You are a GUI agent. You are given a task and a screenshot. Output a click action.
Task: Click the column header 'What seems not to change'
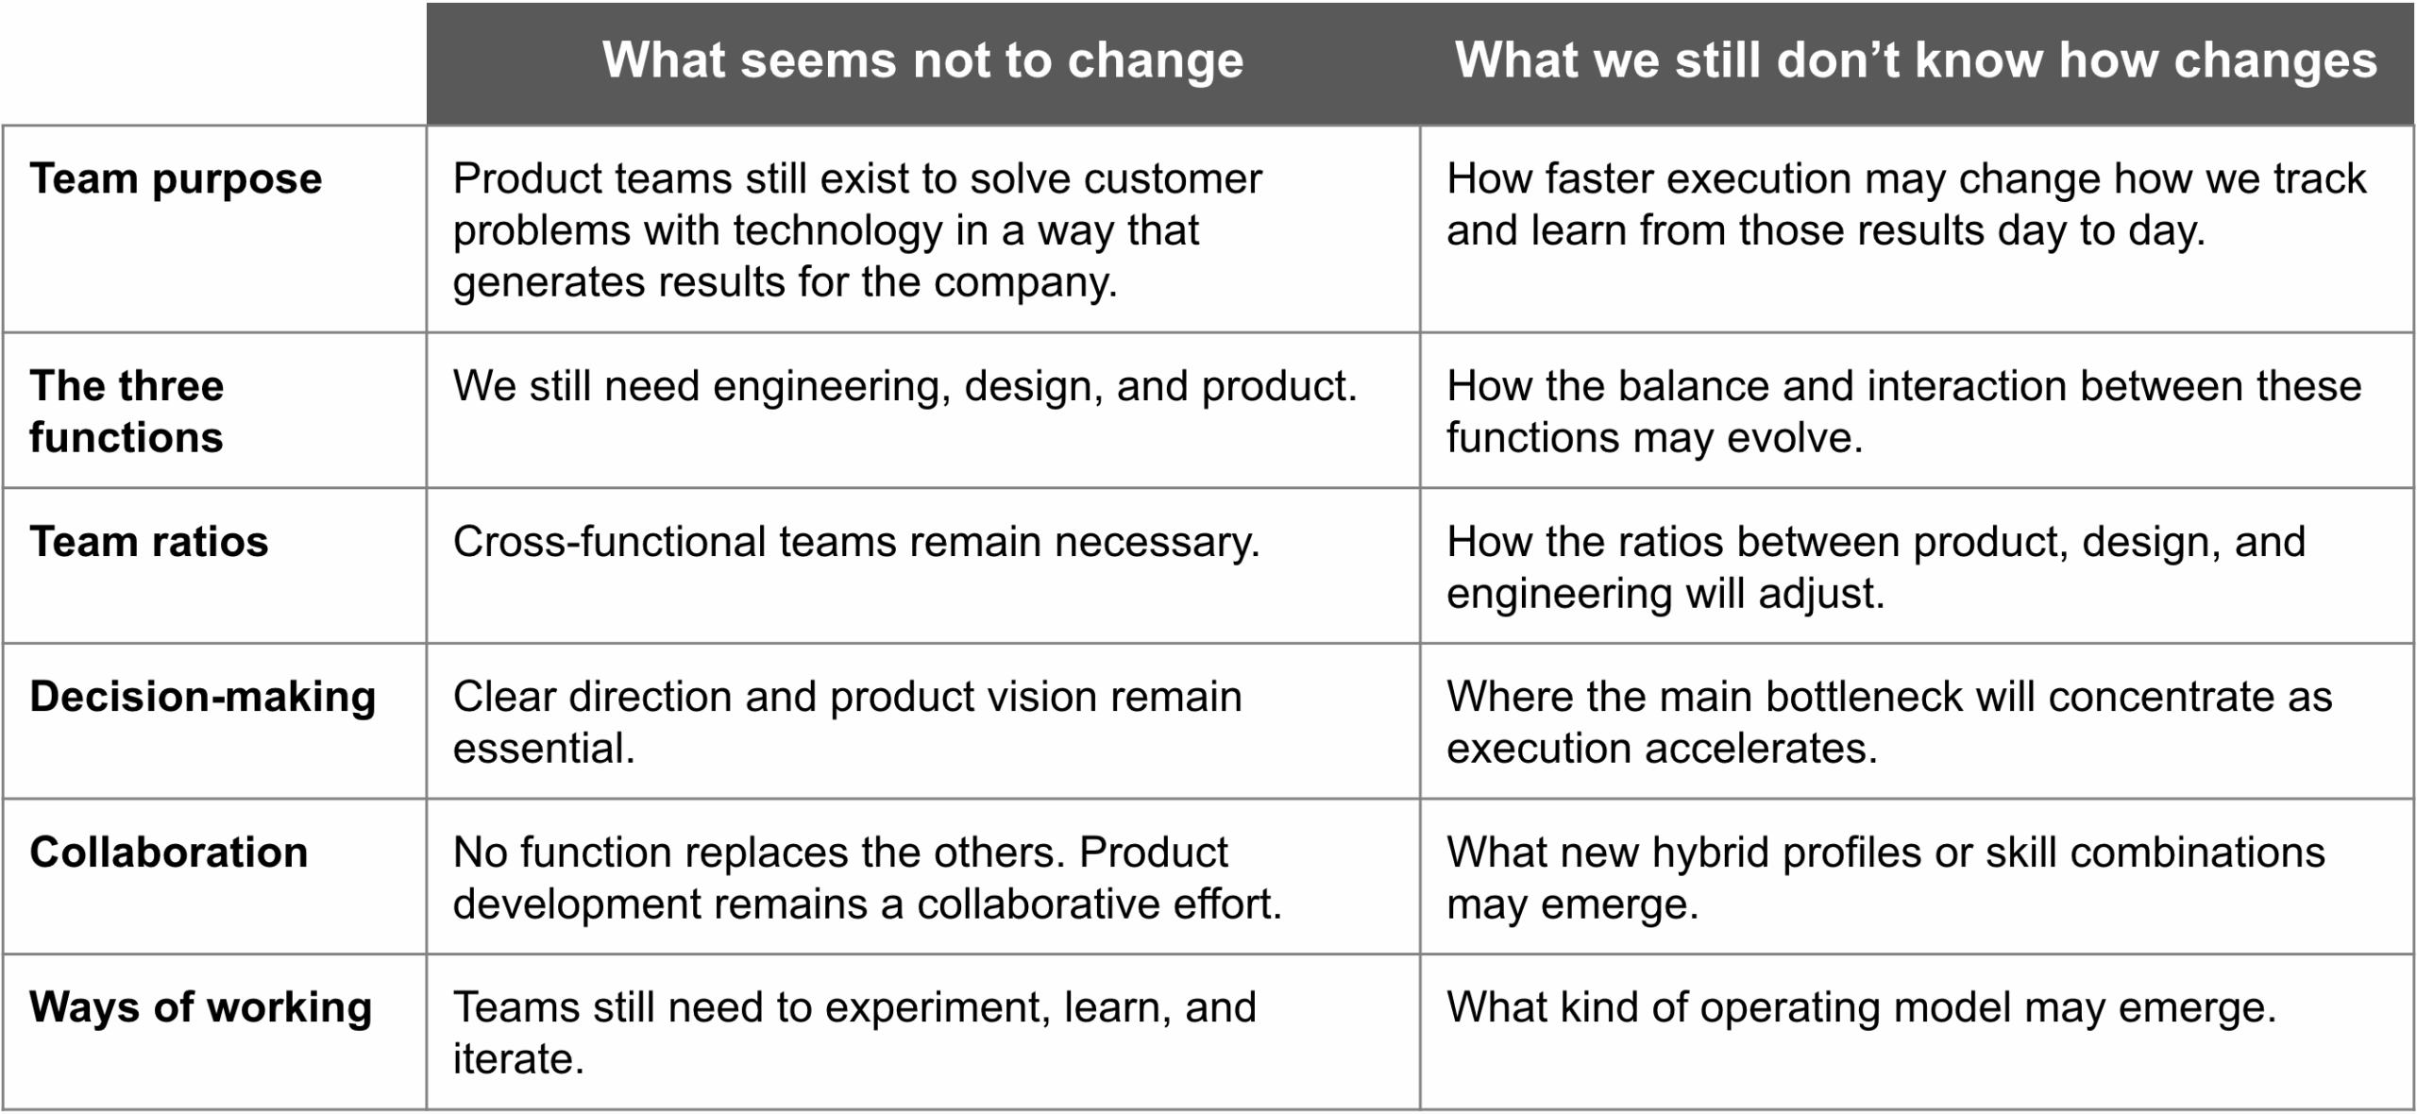[922, 60]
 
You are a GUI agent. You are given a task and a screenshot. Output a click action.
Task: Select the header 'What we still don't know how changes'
[1916, 60]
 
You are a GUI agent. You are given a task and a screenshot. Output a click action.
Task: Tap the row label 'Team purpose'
[176, 179]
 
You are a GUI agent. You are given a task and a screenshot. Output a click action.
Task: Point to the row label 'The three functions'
[127, 412]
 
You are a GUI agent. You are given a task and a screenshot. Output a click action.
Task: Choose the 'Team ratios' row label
[149, 542]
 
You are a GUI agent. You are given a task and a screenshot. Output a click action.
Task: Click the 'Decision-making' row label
[203, 698]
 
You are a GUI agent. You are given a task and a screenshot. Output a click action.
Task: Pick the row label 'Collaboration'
[169, 852]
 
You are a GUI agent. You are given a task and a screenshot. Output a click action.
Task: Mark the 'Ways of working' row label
[201, 1008]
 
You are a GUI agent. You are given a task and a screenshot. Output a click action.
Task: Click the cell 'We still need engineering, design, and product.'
[905, 387]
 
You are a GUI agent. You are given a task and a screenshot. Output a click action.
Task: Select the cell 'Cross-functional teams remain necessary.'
[856, 542]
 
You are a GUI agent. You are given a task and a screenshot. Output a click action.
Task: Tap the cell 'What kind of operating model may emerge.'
[1862, 1008]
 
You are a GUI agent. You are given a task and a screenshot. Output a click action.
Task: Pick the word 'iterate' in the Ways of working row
[518, 1059]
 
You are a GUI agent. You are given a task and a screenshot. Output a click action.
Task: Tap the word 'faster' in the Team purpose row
[1605, 179]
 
